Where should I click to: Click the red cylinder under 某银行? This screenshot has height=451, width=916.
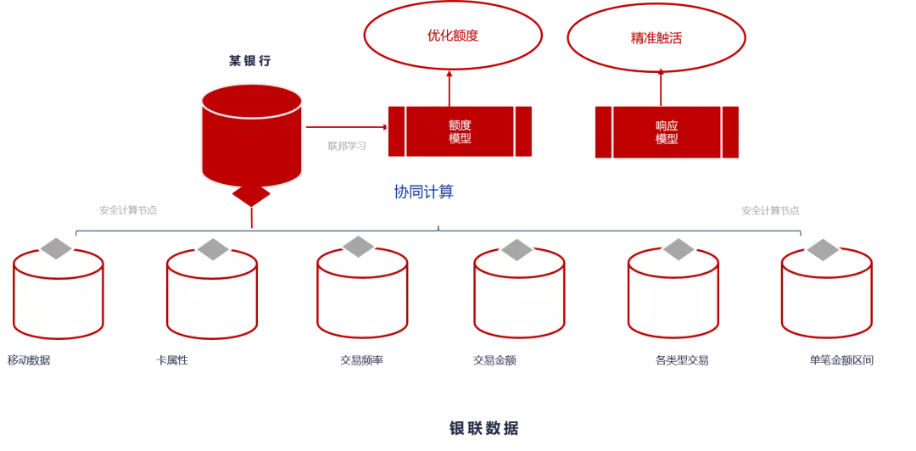(252, 136)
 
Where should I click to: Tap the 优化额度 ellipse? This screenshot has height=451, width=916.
(453, 36)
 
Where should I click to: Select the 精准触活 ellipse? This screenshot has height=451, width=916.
(656, 38)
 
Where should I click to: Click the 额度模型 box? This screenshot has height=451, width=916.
(460, 131)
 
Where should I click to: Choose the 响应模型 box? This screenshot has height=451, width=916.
(667, 132)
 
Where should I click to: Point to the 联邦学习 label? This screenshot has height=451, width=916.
(346, 146)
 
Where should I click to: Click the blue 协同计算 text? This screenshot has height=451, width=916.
(423, 192)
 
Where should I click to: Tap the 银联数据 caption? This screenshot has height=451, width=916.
(483, 428)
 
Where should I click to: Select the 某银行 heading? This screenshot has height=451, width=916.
(249, 61)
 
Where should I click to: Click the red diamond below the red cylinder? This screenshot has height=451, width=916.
(251, 195)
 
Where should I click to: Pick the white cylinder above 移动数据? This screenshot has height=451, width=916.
(59, 297)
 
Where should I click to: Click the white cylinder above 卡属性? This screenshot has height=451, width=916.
(212, 297)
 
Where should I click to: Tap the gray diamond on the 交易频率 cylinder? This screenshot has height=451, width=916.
(358, 246)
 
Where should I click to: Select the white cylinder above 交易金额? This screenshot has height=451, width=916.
(519, 297)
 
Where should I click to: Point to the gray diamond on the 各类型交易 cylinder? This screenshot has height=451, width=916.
(679, 248)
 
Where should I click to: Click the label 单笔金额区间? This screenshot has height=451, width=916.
(841, 360)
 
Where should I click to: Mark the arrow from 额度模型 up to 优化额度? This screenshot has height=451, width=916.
(450, 87)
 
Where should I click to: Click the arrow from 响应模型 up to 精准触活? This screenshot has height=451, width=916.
(662, 87)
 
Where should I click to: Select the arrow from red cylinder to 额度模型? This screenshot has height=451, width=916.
(344, 127)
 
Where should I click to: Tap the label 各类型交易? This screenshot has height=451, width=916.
(681, 360)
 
